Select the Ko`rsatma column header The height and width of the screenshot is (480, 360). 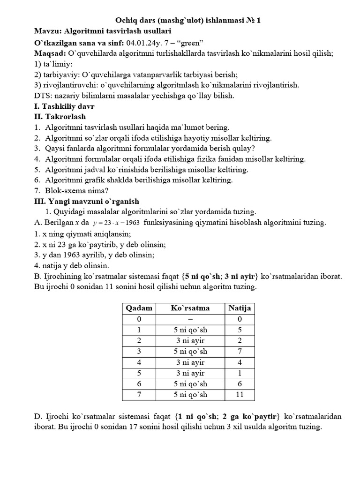(190, 308)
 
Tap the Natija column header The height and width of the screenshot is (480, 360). (240, 308)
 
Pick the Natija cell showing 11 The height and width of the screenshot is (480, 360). (240, 395)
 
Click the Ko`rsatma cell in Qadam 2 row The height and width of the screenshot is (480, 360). (190, 340)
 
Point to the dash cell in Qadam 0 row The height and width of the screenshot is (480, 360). (190, 319)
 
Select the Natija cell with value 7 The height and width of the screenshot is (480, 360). (240, 351)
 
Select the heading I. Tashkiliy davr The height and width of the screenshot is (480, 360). (64, 106)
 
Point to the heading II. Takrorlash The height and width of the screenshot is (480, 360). (60, 116)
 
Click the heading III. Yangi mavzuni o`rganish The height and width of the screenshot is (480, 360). (87, 201)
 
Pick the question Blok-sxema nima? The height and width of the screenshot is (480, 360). (77, 190)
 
